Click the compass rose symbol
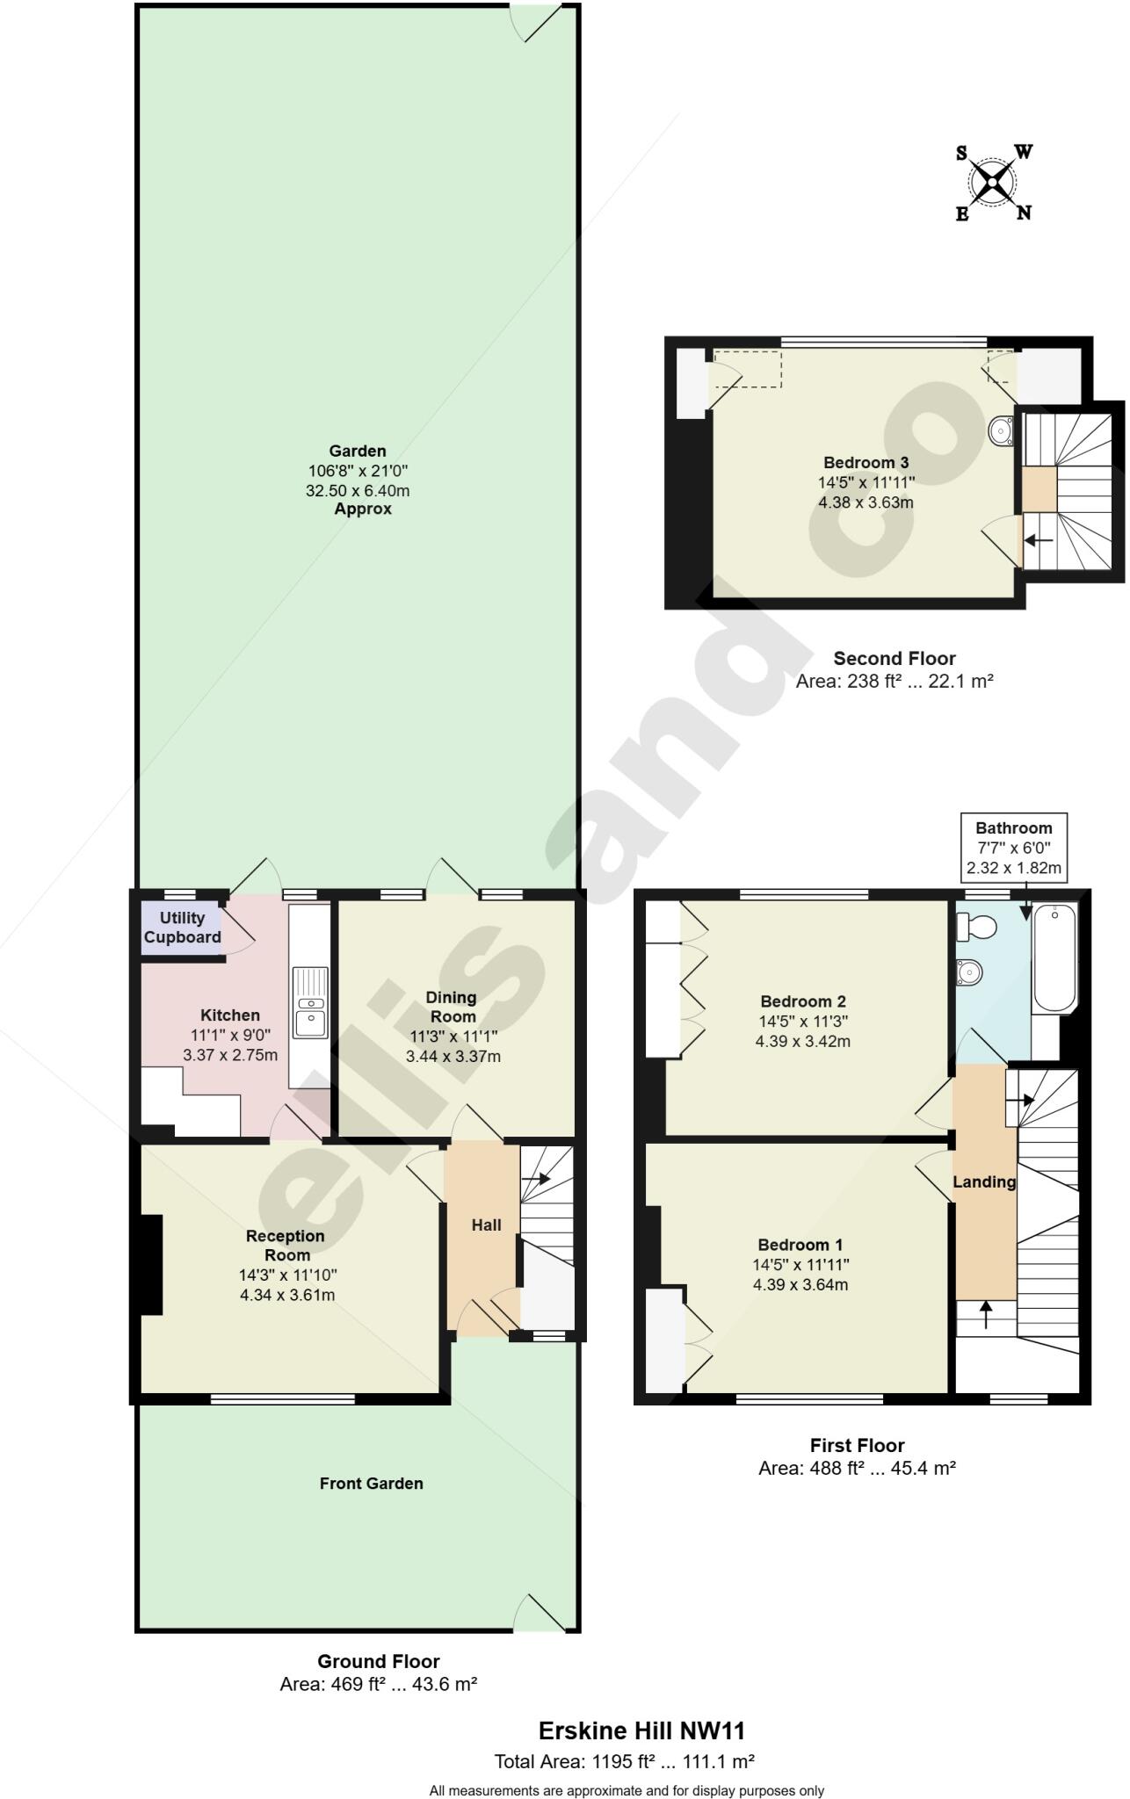coord(994,183)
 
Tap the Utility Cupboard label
coord(182,928)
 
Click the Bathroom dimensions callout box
coord(1013,848)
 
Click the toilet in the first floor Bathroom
coord(975,926)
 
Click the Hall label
coord(486,1225)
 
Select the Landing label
coord(983,1181)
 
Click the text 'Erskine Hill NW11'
coord(641,1731)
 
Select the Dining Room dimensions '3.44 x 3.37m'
coord(453,1057)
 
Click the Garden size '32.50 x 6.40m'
coord(358,490)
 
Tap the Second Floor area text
coord(894,681)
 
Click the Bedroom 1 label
coord(800,1245)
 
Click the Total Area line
coord(624,1761)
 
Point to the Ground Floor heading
coord(378,1661)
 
